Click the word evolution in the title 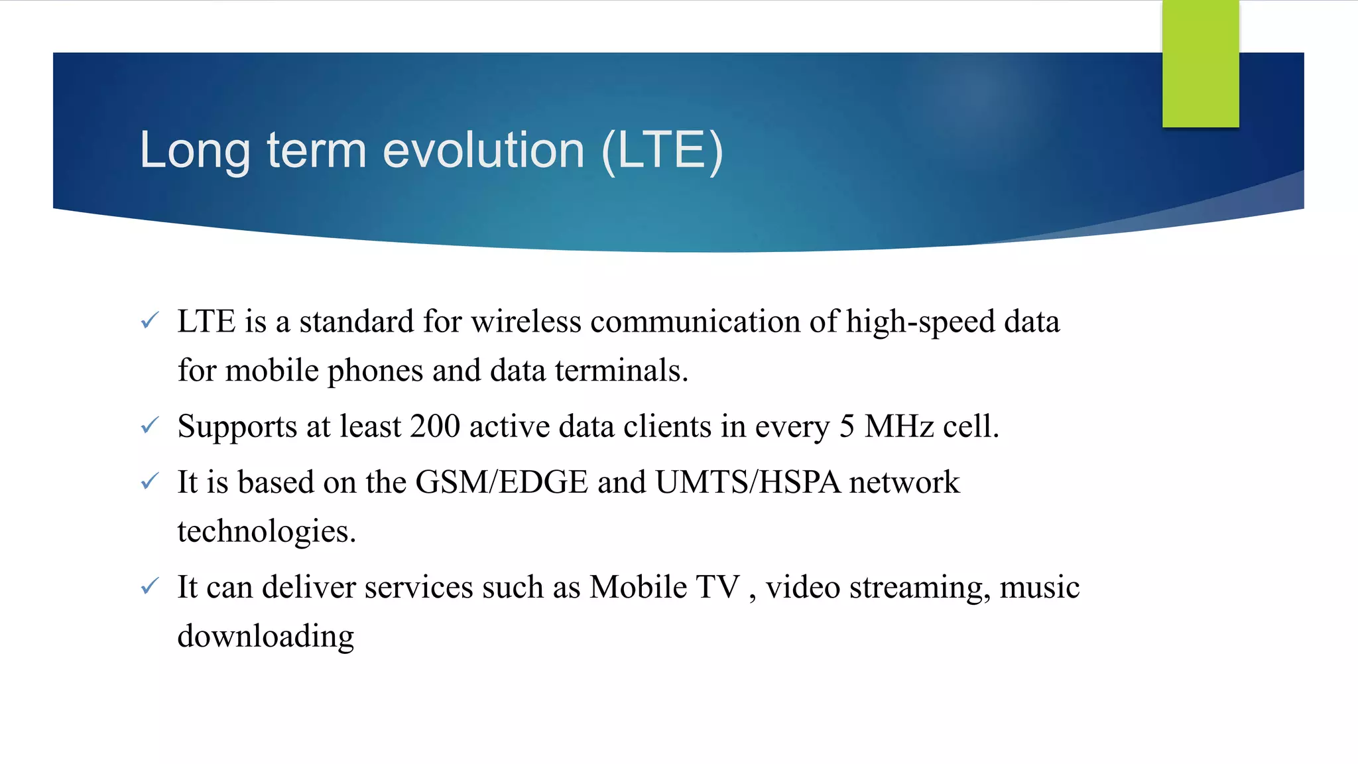pos(483,150)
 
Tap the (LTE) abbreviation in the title pos(662,151)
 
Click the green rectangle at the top pos(1200,64)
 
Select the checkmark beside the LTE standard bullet pos(150,321)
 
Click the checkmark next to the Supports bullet pos(150,425)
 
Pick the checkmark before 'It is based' pos(150,481)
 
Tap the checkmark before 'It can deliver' pos(150,586)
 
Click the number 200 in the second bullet pos(435,426)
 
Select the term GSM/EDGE pos(501,482)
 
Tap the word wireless pos(526,322)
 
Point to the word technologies pos(267,531)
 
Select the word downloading pos(266,636)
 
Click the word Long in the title pos(195,151)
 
